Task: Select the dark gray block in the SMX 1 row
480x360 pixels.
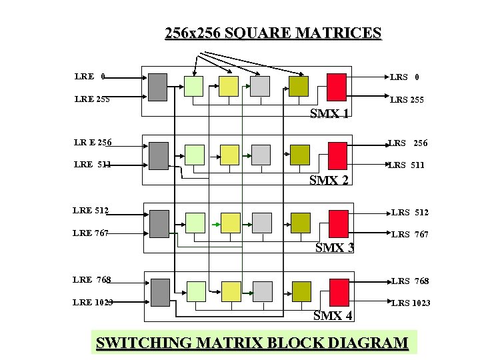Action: (157, 87)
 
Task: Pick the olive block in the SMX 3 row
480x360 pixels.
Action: (301, 221)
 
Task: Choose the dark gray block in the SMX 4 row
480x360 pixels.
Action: (160, 291)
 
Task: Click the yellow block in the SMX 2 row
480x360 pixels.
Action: (229, 154)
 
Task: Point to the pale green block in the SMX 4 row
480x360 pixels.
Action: (196, 291)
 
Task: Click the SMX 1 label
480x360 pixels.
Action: (330, 113)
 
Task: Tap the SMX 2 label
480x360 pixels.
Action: (330, 180)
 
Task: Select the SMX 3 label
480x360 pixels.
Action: (334, 248)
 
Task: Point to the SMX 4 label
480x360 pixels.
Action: (333, 315)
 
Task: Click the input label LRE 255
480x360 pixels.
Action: (92, 99)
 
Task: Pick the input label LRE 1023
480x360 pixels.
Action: (93, 302)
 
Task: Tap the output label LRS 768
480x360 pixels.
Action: (410, 281)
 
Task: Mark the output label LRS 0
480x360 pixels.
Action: (405, 77)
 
